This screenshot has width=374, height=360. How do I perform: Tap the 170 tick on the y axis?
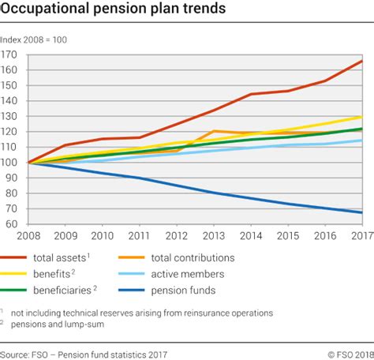[9, 54]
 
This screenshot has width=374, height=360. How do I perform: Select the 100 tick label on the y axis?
[9, 163]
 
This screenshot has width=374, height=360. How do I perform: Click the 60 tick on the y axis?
[11, 224]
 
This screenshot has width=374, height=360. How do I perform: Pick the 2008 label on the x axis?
[29, 235]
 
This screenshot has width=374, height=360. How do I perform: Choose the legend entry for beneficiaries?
[65, 289]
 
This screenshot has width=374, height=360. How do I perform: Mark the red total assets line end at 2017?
[361, 61]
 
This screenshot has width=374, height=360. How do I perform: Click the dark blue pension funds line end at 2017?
[361, 212]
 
